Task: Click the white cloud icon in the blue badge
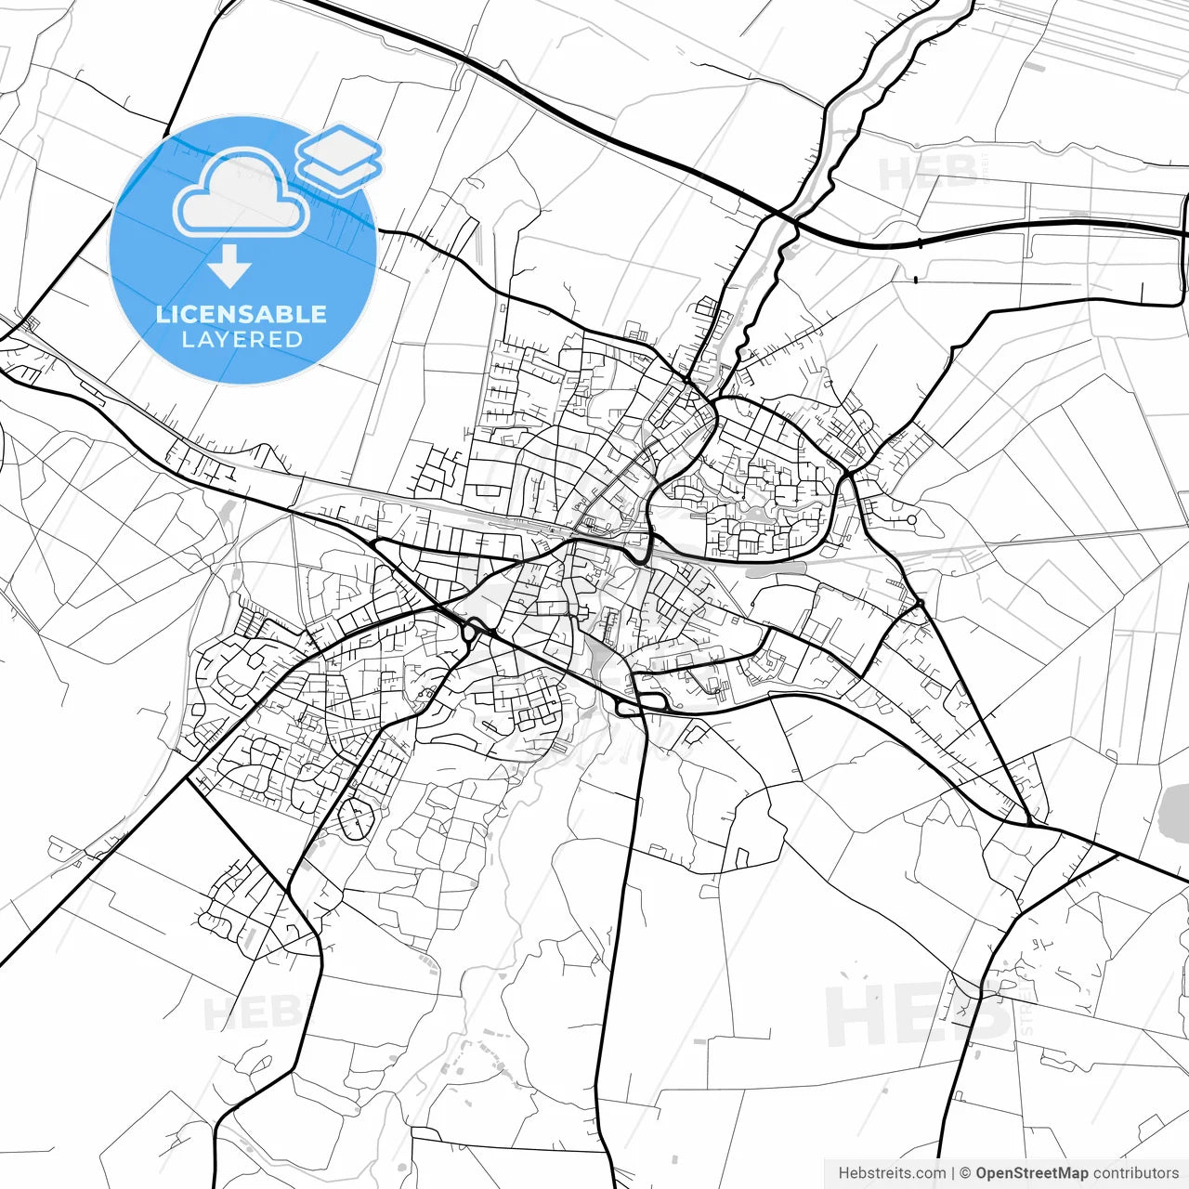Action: click(x=242, y=194)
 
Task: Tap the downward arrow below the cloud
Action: click(x=229, y=269)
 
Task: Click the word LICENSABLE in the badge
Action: click(x=242, y=314)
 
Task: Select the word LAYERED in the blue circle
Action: click(x=242, y=339)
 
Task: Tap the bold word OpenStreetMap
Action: click(x=1031, y=1173)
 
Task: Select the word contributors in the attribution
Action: click(x=1135, y=1173)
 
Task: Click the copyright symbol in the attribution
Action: click(x=965, y=1173)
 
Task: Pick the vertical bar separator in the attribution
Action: click(x=953, y=1173)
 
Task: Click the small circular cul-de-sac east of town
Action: click(x=912, y=520)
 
